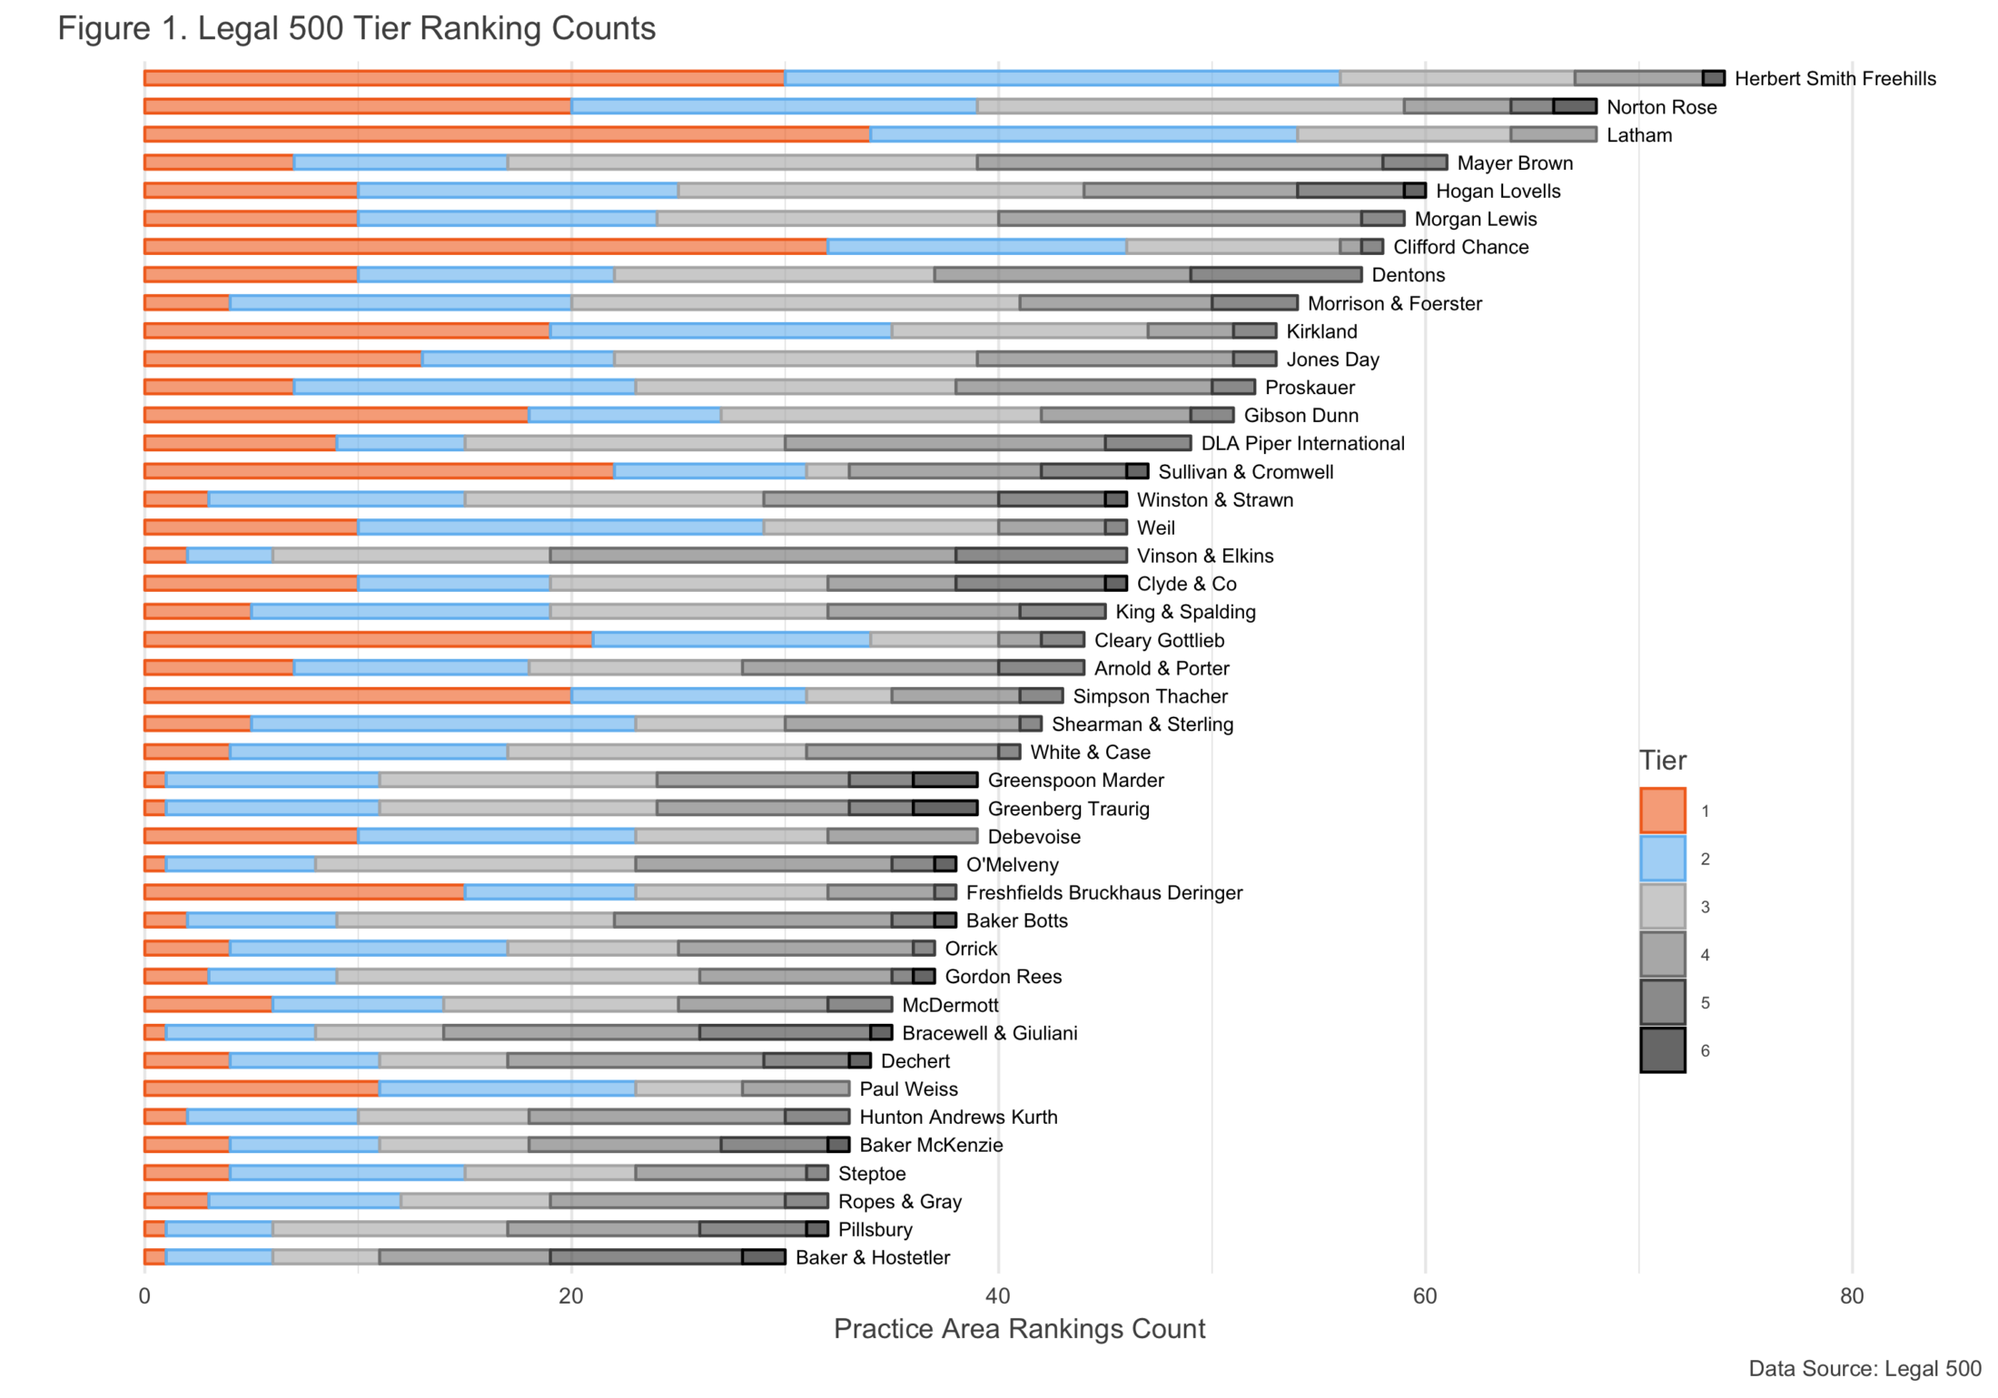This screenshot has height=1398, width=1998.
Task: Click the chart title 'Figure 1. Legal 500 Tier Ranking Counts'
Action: click(x=356, y=29)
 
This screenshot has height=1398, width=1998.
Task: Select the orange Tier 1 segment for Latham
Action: click(x=507, y=134)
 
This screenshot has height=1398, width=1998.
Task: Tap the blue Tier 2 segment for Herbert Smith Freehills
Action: click(x=1062, y=79)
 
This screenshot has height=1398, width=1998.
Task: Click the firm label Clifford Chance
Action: click(x=1460, y=247)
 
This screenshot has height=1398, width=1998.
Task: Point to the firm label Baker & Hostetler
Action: click(x=872, y=1257)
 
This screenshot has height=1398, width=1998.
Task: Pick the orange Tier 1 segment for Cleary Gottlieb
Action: click(x=368, y=640)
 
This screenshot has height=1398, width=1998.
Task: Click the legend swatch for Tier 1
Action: click(x=1662, y=811)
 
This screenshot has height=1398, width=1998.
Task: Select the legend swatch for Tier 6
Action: click(x=1662, y=1050)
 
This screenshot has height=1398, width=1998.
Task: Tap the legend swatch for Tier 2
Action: click(x=1662, y=859)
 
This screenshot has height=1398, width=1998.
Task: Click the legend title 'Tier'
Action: click(x=1662, y=761)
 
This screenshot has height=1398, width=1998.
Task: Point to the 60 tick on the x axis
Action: click(x=1425, y=1296)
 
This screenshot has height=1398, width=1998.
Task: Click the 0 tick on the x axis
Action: click(x=144, y=1296)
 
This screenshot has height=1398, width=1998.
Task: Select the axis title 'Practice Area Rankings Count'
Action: click(x=1019, y=1329)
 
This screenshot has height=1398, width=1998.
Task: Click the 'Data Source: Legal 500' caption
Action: click(x=1864, y=1369)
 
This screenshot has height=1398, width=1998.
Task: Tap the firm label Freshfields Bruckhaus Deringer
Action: click(x=1103, y=892)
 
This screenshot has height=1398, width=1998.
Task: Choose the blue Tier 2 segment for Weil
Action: click(x=560, y=527)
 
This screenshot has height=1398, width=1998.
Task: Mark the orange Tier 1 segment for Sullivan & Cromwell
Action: click(x=379, y=471)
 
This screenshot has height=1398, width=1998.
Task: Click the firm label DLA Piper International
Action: click(x=1302, y=443)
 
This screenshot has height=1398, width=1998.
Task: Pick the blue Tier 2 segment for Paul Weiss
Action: click(x=507, y=1088)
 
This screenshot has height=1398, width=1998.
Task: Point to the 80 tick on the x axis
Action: click(x=1852, y=1296)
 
